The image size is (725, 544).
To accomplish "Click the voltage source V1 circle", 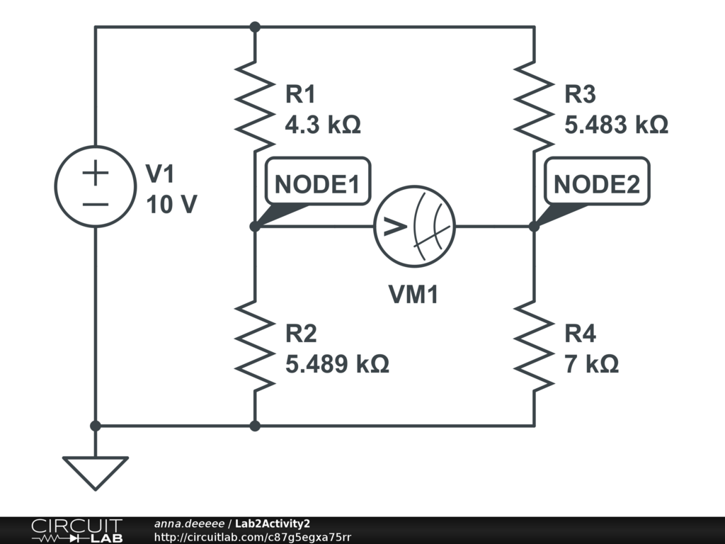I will pyautogui.click(x=96, y=186).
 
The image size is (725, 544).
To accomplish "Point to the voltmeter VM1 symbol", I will pyautogui.click(x=414, y=227).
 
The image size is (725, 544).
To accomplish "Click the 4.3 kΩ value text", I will pyautogui.click(x=322, y=125).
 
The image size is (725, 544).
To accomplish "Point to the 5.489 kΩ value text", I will pyautogui.click(x=337, y=364).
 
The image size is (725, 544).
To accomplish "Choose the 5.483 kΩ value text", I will pyautogui.click(x=616, y=125).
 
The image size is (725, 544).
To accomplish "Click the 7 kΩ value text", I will pyautogui.click(x=592, y=364).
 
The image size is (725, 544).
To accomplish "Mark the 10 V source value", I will pyautogui.click(x=172, y=205).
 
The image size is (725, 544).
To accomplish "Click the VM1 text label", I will pyautogui.click(x=413, y=295).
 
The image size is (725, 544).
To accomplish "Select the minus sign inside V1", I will pyautogui.click(x=96, y=203).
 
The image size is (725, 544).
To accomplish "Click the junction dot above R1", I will pyautogui.click(x=255, y=27).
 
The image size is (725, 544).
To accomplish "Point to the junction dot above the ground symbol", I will pyautogui.click(x=96, y=426).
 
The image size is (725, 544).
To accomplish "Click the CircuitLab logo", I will pyautogui.click(x=76, y=531).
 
